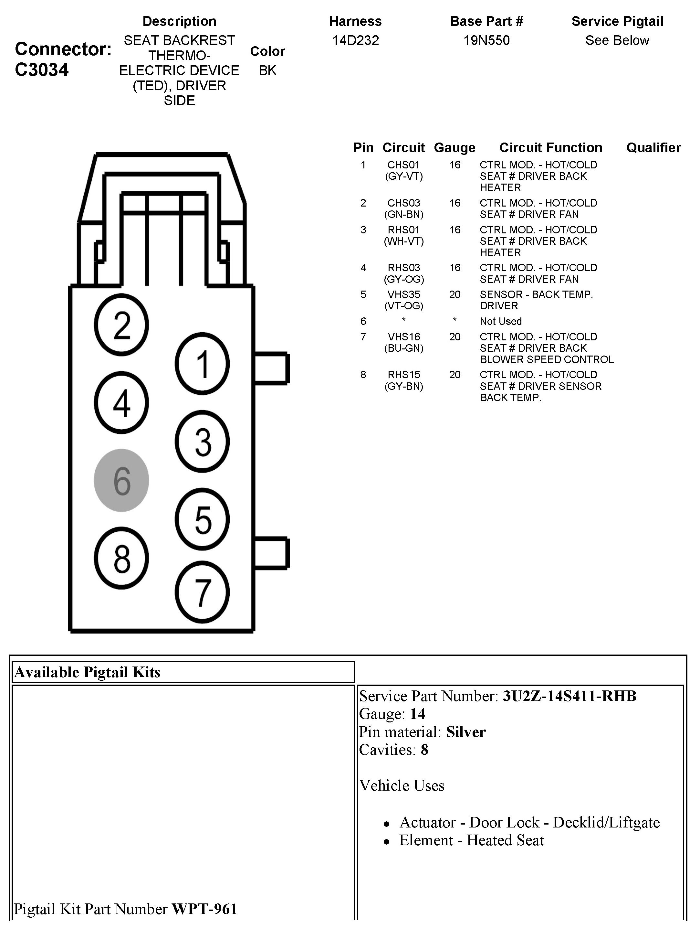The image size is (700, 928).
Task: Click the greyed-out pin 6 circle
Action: click(x=121, y=480)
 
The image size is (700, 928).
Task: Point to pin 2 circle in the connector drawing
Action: click(x=121, y=325)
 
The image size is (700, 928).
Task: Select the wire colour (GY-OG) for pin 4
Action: click(x=404, y=279)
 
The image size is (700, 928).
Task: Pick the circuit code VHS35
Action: click(x=404, y=294)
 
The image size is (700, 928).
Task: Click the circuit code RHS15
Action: click(x=404, y=375)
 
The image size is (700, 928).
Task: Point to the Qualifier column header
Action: click(x=653, y=148)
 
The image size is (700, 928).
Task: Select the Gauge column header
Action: click(x=454, y=148)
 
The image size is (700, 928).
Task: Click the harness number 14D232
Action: click(x=355, y=40)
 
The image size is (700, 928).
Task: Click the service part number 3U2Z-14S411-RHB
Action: click(x=569, y=696)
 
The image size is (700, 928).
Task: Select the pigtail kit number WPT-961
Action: click(x=204, y=909)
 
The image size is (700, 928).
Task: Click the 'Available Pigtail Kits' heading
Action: click(x=87, y=672)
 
